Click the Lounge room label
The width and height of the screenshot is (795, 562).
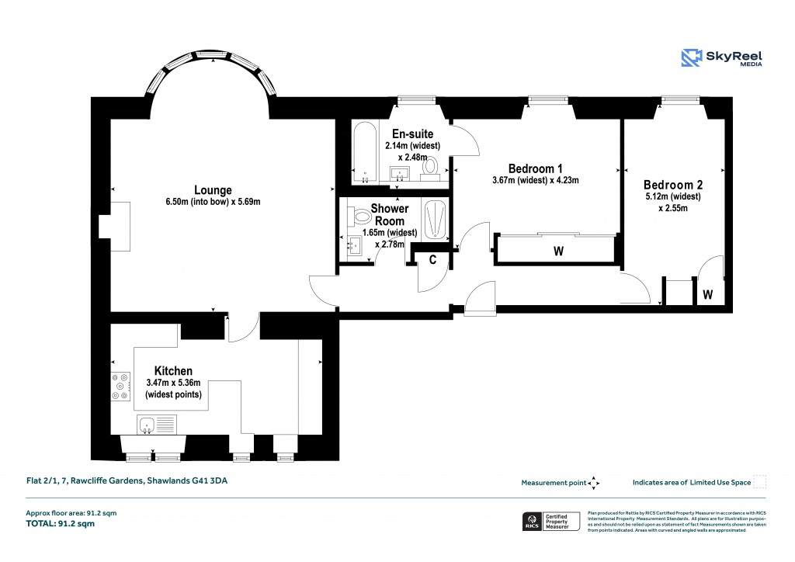213,190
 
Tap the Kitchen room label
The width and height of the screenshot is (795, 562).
173,371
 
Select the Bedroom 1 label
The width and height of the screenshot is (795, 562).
535,168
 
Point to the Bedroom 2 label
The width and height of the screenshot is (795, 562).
672,185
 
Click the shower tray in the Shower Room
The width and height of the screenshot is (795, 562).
436,220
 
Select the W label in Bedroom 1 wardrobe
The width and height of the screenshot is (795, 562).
557,252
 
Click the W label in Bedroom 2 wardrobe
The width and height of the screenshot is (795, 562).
707,294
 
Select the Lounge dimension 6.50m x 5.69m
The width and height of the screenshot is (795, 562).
213,202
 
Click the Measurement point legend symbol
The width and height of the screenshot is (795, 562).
594,483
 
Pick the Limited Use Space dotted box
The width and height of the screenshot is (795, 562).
761,482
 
